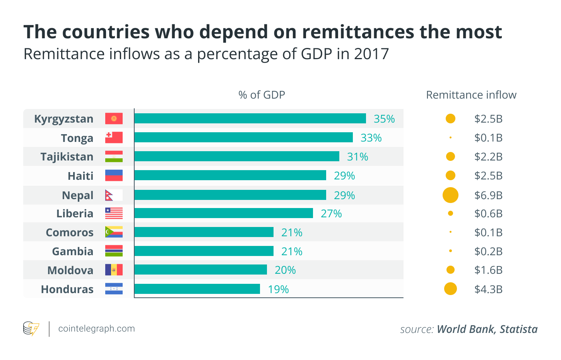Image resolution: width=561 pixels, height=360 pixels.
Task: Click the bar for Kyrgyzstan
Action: pyautogui.click(x=250, y=119)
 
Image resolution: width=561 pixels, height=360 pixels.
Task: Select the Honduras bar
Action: pyautogui.click(x=197, y=289)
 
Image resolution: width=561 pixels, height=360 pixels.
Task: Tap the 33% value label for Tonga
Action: pyautogui.click(x=371, y=138)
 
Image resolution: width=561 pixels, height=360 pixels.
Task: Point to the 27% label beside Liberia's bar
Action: pyautogui.click(x=331, y=214)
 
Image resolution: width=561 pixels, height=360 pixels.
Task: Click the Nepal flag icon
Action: pyautogui.click(x=114, y=195)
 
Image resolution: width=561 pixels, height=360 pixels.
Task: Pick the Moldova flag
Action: pyautogui.click(x=114, y=270)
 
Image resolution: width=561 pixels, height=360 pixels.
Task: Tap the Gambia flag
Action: pyautogui.click(x=114, y=251)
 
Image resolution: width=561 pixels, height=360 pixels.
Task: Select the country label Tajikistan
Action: pyautogui.click(x=67, y=157)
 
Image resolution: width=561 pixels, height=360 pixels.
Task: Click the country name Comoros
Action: pyautogui.click(x=70, y=233)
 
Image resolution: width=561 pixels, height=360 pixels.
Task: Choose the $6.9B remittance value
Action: pyautogui.click(x=488, y=195)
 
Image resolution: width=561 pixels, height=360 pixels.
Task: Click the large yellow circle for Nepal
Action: pyautogui.click(x=450, y=195)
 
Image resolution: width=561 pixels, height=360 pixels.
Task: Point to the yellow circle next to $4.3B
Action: pyautogui.click(x=450, y=289)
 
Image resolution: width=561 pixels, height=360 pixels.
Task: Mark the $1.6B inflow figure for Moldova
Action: pyautogui.click(x=488, y=270)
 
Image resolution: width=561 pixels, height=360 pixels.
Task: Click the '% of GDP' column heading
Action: pyautogui.click(x=262, y=95)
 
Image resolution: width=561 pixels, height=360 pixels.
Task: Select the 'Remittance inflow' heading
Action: pyautogui.click(x=471, y=95)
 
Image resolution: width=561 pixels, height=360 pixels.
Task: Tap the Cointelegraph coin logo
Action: pyautogui.click(x=31, y=329)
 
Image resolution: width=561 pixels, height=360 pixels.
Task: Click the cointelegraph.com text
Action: pyautogui.click(x=96, y=329)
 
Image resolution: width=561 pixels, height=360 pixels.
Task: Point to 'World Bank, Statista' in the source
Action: pyautogui.click(x=487, y=329)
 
